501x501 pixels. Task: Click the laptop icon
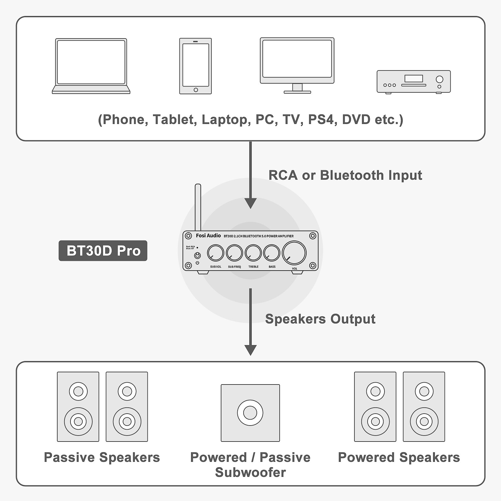tap(91, 66)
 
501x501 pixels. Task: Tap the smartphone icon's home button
tap(196, 90)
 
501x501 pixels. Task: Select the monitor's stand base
tap(297, 92)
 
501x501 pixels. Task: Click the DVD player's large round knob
tap(440, 79)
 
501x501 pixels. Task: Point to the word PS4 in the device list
tap(321, 120)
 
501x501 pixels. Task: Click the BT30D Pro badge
tap(103, 250)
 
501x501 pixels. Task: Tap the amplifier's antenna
tap(198, 207)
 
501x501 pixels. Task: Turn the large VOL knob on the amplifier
tap(294, 253)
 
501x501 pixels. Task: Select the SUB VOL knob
tap(215, 253)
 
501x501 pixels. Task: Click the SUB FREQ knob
tap(234, 253)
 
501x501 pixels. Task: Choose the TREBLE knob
tap(253, 253)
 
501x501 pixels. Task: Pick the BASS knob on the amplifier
tap(271, 253)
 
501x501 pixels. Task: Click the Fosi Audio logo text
tap(208, 235)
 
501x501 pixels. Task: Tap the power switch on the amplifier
tap(197, 256)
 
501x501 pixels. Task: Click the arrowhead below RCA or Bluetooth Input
tap(250, 204)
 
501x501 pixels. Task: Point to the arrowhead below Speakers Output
tap(250, 350)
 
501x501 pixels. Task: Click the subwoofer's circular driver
tap(250, 413)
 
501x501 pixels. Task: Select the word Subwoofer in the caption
tap(250, 472)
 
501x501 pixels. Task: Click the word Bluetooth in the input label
tap(352, 175)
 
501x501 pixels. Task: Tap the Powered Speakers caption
tap(399, 457)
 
